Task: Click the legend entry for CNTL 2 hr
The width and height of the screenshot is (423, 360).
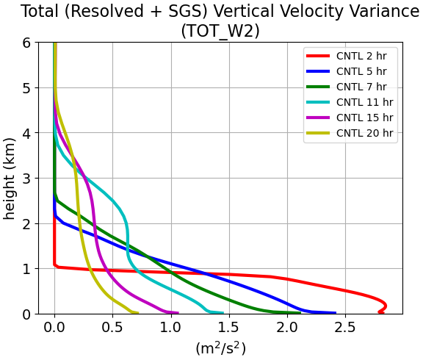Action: (x=361, y=56)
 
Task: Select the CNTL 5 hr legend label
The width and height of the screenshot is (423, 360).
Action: (x=361, y=71)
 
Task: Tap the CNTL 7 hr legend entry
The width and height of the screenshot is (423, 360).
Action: (x=361, y=87)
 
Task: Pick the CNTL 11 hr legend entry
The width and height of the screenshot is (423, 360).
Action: (x=364, y=102)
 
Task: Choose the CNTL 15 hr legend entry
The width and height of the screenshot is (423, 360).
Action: (x=364, y=118)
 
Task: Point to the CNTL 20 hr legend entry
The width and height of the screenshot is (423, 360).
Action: (x=364, y=133)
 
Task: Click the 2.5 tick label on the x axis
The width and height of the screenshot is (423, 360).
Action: (x=346, y=328)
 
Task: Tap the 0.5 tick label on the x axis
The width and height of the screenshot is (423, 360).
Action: (x=113, y=328)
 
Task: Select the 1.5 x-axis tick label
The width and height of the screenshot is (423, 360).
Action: (x=229, y=328)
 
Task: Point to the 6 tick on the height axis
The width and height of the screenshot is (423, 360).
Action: (x=26, y=43)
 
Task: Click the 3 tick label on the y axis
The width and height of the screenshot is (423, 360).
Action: (x=26, y=179)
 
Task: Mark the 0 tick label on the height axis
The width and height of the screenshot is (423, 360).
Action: (x=26, y=314)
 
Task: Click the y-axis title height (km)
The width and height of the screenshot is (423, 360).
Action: (x=9, y=179)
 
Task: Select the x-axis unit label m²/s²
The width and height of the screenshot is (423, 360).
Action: (x=220, y=349)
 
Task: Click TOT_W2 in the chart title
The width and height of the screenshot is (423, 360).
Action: (x=220, y=31)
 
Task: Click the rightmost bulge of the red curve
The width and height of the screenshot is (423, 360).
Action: (x=386, y=306)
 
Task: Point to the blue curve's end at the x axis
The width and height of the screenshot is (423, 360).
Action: (x=336, y=313)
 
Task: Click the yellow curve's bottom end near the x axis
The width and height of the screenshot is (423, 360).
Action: (x=137, y=313)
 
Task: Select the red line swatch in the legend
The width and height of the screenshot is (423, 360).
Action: (x=318, y=56)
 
